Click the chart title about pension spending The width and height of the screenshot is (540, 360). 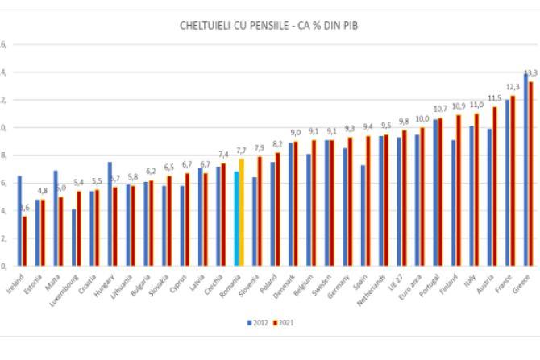(268, 26)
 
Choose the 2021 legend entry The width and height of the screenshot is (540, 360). (283, 322)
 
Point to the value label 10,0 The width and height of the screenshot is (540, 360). (422, 118)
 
